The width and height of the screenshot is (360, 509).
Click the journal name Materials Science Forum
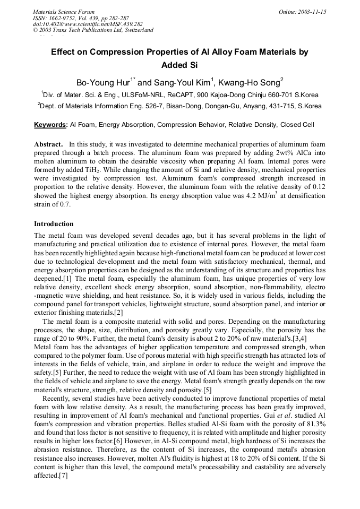(x=64, y=12)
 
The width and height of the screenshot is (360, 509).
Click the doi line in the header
(x=88, y=24)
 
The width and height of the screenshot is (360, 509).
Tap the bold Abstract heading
(x=49, y=144)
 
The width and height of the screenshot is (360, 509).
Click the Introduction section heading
(x=54, y=224)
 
